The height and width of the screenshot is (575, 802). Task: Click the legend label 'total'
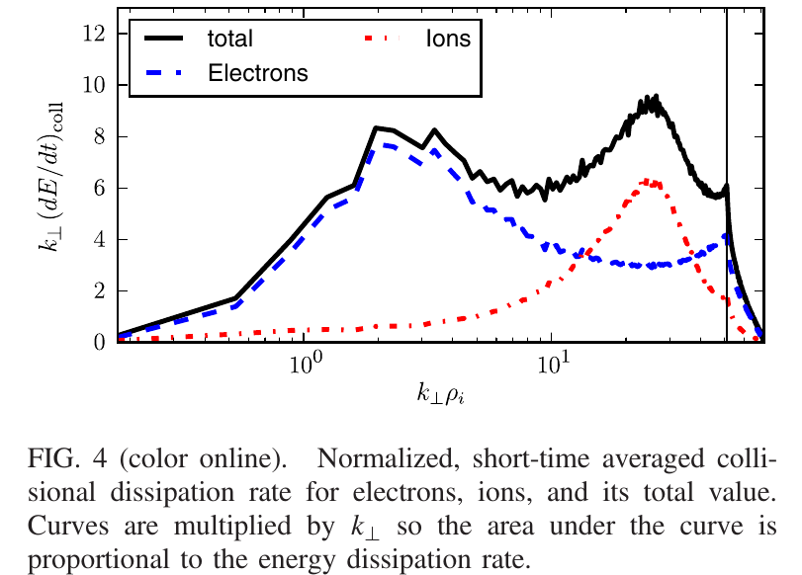[x=230, y=40]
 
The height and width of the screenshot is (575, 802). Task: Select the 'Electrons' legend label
[x=258, y=72]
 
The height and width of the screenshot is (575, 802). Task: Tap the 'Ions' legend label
[x=448, y=40]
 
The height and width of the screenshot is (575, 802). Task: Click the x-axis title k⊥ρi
[x=440, y=396]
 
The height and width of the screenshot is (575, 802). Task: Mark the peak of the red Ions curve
[x=646, y=181]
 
